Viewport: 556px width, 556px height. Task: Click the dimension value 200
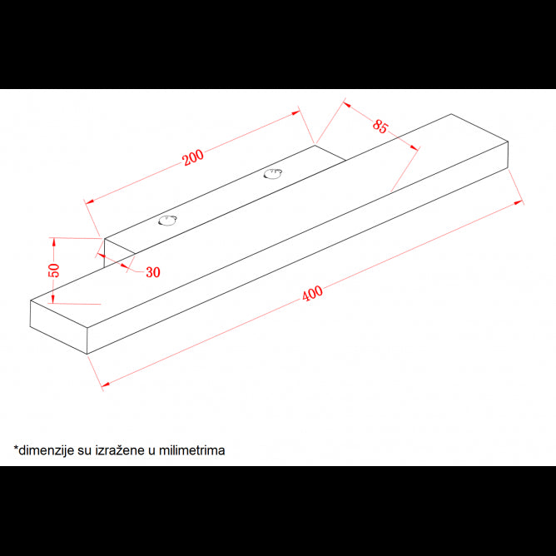pyautogui.click(x=193, y=157)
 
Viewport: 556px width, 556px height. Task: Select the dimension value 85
pyautogui.click(x=380, y=127)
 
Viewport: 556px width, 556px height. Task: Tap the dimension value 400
pyautogui.click(x=312, y=294)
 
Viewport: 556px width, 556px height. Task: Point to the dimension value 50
pyautogui.click(x=54, y=271)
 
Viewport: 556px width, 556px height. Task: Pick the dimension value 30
pyautogui.click(x=153, y=272)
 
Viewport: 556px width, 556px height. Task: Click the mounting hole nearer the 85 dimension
pyautogui.click(x=273, y=174)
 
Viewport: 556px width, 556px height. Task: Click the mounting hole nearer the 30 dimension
pyautogui.click(x=167, y=221)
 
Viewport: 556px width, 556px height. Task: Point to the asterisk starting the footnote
pyautogui.click(x=16, y=448)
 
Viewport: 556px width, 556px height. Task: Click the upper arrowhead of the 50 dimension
pyautogui.click(x=54, y=242)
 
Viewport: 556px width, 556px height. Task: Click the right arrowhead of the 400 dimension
pyautogui.click(x=518, y=202)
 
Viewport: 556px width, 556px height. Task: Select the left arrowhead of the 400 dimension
pyautogui.click(x=106, y=384)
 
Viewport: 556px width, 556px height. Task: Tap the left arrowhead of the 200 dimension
pyautogui.click(x=89, y=201)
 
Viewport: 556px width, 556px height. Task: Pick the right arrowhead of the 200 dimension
pyautogui.click(x=295, y=113)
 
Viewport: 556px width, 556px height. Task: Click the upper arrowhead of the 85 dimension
pyautogui.click(x=347, y=105)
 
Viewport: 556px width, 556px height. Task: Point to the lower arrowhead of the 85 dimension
pyautogui.click(x=414, y=147)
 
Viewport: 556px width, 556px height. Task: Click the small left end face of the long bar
pyautogui.click(x=58, y=327)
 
